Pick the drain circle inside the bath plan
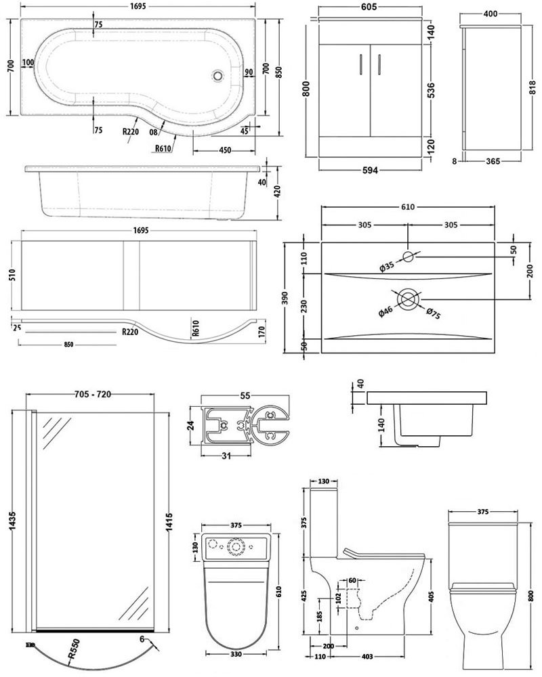[218, 77]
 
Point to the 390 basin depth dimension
[287, 297]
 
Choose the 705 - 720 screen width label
[92, 394]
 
